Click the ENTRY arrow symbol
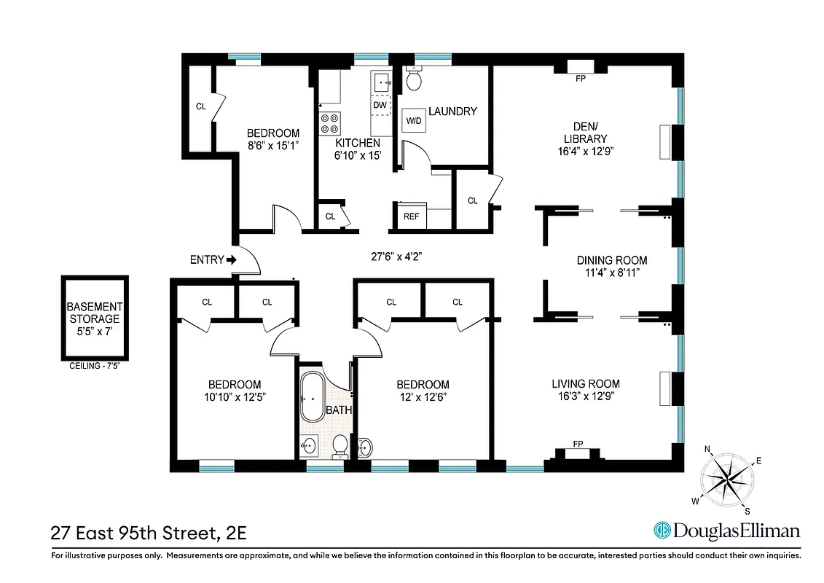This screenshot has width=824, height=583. click(232, 259)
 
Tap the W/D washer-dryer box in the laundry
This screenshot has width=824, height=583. click(413, 120)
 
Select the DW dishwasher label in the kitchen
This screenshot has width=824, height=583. click(380, 105)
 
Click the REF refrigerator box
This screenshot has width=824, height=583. click(411, 216)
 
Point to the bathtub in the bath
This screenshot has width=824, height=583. click(313, 398)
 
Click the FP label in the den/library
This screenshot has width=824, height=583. click(581, 79)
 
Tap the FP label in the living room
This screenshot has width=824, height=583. click(578, 444)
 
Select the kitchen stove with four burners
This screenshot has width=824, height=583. click(329, 122)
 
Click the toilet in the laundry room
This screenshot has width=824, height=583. click(415, 79)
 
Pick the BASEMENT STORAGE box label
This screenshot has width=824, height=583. click(95, 318)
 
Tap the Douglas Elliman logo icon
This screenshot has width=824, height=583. click(662, 530)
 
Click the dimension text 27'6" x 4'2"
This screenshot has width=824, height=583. click(397, 257)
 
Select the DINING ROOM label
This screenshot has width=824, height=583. click(611, 260)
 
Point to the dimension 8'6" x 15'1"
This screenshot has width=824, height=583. click(273, 146)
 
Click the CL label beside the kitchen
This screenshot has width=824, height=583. click(330, 216)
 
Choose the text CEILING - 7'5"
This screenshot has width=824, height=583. click(95, 367)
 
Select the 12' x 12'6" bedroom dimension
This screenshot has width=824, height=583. click(423, 397)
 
